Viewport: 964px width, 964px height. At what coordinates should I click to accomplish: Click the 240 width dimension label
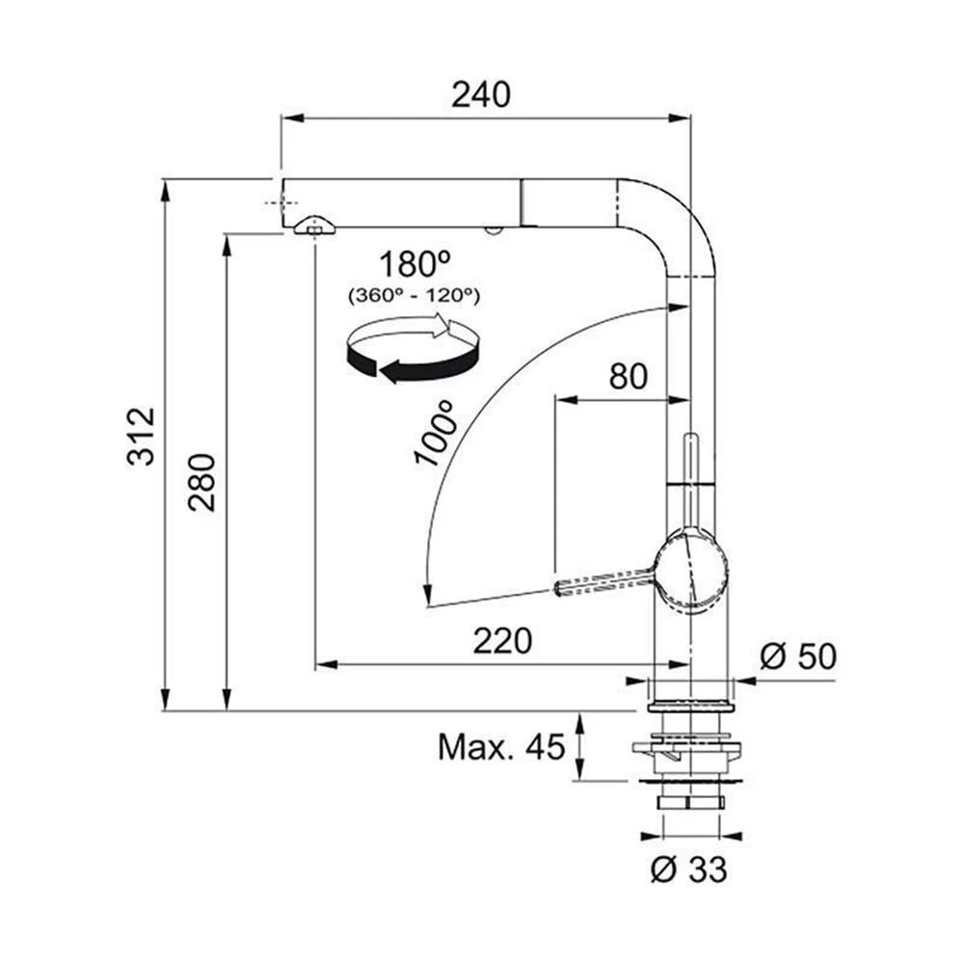480,94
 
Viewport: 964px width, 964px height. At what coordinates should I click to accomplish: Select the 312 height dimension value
141,437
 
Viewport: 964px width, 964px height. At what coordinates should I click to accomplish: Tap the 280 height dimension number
201,481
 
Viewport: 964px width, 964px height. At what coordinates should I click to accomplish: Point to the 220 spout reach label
502,640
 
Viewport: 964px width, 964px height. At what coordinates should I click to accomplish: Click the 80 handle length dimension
628,377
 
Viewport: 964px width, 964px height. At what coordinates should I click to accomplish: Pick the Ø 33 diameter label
687,870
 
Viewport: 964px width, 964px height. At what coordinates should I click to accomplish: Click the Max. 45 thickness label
500,746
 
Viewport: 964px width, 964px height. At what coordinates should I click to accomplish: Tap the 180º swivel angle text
415,263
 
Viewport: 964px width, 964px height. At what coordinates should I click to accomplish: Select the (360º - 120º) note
415,295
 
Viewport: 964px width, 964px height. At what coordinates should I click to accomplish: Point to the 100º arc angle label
435,435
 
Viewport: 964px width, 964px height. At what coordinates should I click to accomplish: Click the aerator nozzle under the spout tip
315,228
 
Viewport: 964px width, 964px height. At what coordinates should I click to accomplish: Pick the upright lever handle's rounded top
690,440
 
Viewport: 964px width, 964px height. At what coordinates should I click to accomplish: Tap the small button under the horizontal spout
494,229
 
